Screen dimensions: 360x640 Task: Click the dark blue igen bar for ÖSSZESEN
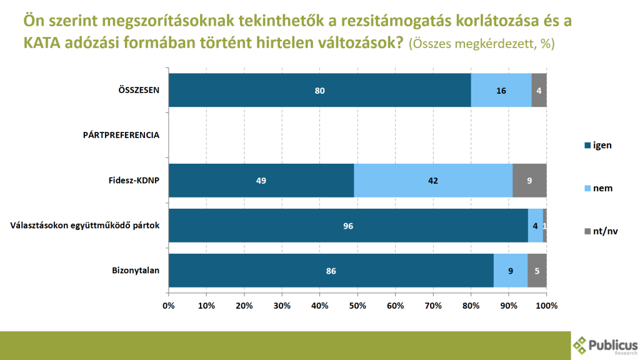pos(319,90)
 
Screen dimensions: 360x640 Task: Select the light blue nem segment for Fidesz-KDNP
pos(433,181)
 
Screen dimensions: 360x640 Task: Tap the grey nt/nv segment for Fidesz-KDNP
pos(529,181)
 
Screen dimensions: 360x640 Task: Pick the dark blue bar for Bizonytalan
pos(331,271)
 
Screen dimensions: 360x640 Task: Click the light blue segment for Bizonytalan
pos(511,271)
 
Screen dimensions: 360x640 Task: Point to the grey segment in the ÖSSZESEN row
pos(539,90)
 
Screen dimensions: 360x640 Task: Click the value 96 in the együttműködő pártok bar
pos(349,226)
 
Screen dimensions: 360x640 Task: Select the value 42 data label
pos(433,181)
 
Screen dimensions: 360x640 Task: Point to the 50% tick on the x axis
pos(357,306)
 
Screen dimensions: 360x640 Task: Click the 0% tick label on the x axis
pos(168,306)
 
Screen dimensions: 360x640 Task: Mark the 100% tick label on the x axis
pos(546,306)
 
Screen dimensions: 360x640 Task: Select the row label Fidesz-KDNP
pos(134,181)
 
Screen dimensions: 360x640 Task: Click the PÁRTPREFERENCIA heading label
pos(121,134)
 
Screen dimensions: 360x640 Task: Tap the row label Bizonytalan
pos(136,271)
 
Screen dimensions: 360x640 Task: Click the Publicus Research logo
pos(605,345)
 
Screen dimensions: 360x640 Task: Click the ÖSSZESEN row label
pos(139,90)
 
